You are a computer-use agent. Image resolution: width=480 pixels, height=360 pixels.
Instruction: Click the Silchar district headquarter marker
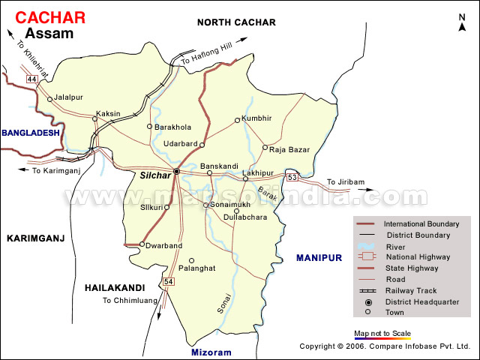[x=176, y=172]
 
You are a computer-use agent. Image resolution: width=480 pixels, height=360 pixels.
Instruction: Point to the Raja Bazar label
[x=290, y=150]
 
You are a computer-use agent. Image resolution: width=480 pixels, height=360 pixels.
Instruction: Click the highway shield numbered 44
[x=31, y=79]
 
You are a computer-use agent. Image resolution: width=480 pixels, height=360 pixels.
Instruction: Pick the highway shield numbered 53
[x=292, y=177]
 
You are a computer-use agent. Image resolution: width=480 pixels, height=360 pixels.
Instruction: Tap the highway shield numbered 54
[x=168, y=281]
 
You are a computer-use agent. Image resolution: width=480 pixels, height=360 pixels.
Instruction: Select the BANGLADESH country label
[x=29, y=133]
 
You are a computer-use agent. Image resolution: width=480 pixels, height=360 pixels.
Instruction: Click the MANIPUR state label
[x=319, y=257]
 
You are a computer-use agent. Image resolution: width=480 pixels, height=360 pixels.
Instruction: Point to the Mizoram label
[x=211, y=352]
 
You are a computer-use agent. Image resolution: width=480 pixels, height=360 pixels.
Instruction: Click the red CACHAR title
[x=51, y=16]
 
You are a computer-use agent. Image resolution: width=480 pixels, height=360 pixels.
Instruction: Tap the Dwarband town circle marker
[x=142, y=244]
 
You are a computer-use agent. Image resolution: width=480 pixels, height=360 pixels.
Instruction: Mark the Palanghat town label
[x=198, y=268]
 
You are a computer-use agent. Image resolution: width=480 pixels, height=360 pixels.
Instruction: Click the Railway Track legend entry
[x=409, y=290]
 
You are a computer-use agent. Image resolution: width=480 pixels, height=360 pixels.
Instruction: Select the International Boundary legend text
[x=421, y=223]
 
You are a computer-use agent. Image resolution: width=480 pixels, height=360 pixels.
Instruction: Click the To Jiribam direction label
[x=346, y=182]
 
